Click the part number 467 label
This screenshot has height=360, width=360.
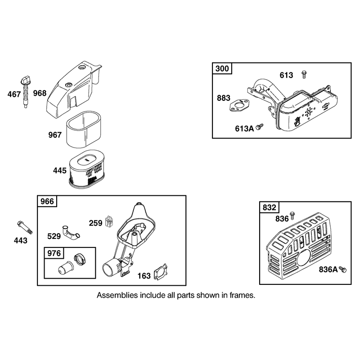pos(14,94)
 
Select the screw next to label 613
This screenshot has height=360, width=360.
pos(304,75)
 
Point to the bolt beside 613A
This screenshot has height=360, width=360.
pos(260,127)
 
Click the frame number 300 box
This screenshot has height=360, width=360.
pos(222,69)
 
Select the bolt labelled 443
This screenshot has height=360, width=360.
pos(25,227)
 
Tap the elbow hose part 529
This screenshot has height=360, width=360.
pos(70,233)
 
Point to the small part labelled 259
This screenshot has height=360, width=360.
pos(109,222)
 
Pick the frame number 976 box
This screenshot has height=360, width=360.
pos(54,253)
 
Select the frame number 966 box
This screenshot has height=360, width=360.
pos(47,201)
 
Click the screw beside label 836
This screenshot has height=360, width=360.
pos(292,215)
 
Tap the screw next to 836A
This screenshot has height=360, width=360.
pos(343,270)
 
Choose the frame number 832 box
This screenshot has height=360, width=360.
pos(269,207)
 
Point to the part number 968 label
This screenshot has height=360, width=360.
pos(40,93)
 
